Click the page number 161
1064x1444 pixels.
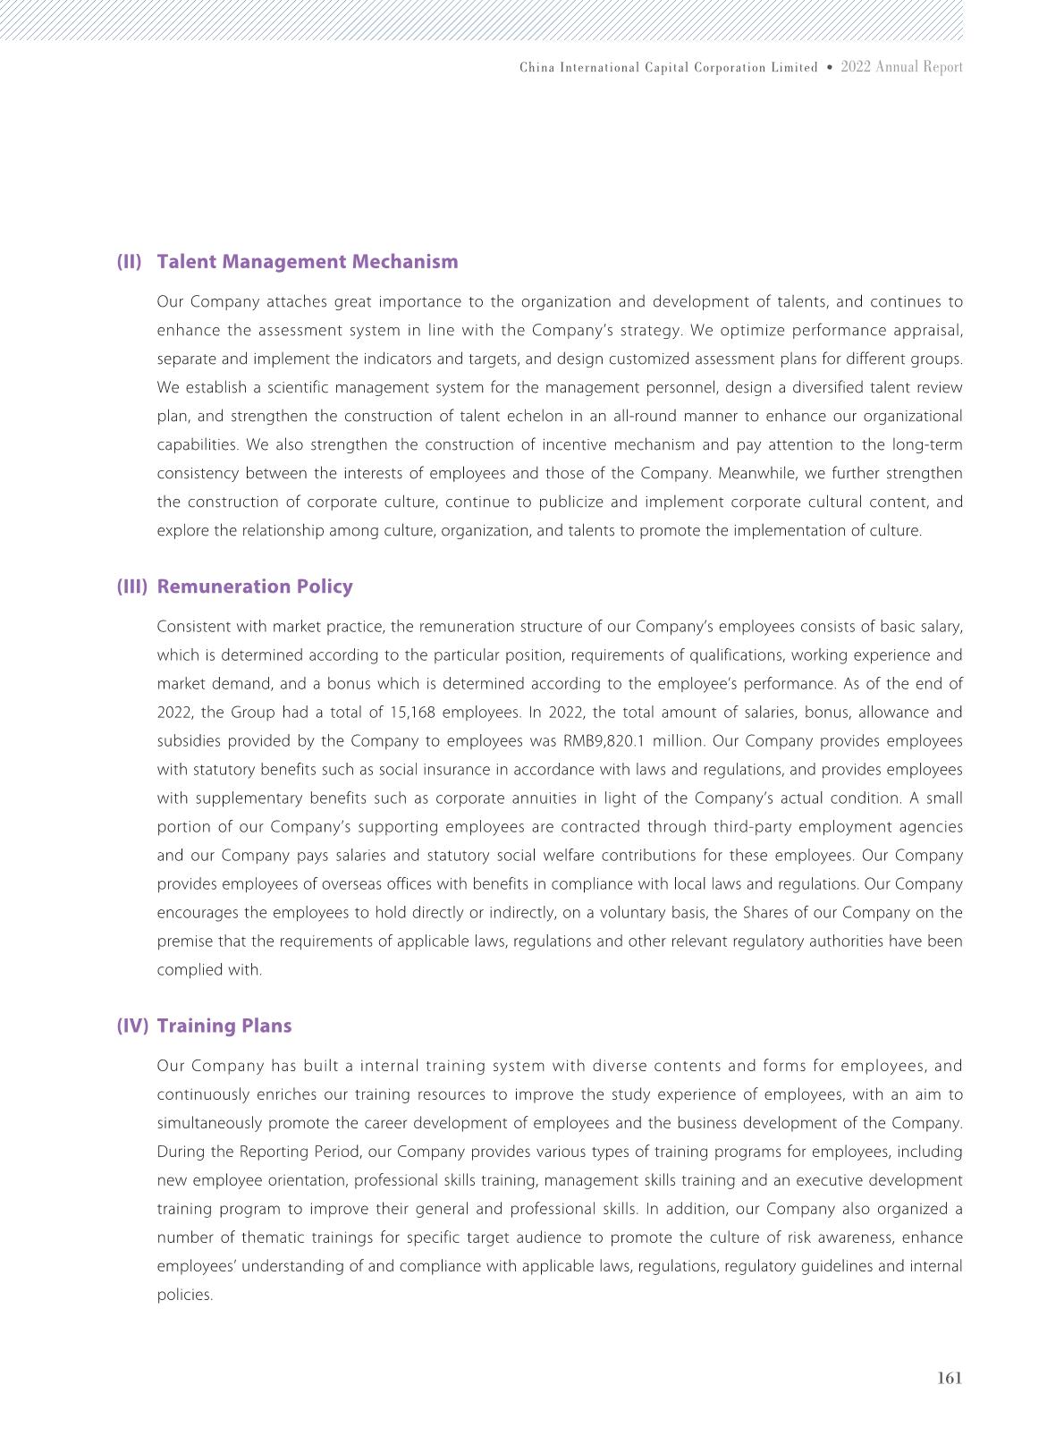tap(950, 1378)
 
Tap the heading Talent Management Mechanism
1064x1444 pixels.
tap(307, 262)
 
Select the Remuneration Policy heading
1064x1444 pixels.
tap(255, 587)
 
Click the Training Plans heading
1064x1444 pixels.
tap(224, 1026)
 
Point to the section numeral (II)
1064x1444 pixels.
tap(130, 262)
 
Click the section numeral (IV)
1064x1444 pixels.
tap(132, 1026)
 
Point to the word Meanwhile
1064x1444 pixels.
tap(756, 473)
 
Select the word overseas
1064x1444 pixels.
tap(279, 884)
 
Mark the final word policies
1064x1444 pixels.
tap(184, 1295)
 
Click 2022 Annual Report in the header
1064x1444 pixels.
tap(902, 67)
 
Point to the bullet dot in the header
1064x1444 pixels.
tap(830, 67)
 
